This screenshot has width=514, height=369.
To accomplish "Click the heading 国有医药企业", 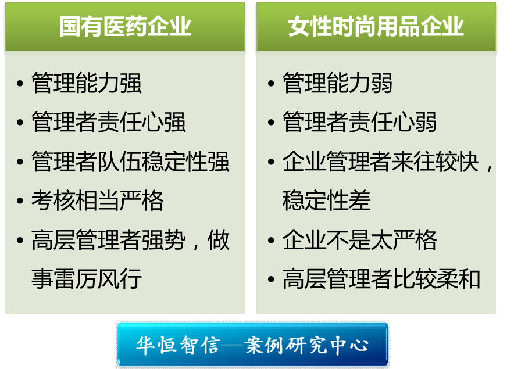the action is (125, 26).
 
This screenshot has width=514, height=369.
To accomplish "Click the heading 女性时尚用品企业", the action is (376, 26).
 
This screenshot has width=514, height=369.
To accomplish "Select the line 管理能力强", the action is (87, 83).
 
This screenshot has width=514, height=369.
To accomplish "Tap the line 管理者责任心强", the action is (109, 122).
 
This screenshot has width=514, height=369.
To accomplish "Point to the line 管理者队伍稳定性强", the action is (130, 161).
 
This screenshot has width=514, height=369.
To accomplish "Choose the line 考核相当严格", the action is (97, 200).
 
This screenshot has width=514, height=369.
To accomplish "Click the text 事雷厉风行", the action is (87, 278).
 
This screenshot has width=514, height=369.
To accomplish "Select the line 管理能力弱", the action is (337, 83).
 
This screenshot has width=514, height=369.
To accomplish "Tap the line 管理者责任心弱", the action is (359, 122).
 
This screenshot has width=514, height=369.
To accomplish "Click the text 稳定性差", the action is (327, 200).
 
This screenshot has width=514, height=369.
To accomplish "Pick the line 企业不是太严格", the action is (359, 239).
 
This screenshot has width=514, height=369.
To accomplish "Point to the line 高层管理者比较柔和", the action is (381, 278).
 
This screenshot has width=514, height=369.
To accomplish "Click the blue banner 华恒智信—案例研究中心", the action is (253, 345).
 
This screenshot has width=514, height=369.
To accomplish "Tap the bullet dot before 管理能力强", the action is (20, 83).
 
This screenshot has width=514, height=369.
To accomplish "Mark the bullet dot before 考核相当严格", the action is (20, 200).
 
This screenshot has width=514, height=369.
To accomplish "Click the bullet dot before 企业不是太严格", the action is (271, 240).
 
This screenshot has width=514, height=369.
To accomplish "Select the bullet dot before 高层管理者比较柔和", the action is (271, 279).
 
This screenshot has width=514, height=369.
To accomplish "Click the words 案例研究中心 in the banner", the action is (306, 345).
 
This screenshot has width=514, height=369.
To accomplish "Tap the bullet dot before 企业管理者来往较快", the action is (271, 162).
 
